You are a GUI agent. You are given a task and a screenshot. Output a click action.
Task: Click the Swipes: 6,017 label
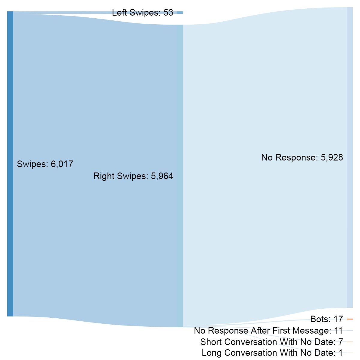click(x=45, y=164)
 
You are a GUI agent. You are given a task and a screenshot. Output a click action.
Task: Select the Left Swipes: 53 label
click(x=142, y=13)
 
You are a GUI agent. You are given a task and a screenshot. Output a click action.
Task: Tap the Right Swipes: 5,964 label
click(x=133, y=176)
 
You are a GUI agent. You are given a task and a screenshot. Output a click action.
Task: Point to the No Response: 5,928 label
click(x=302, y=157)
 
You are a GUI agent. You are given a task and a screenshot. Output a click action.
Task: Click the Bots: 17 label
click(x=326, y=319)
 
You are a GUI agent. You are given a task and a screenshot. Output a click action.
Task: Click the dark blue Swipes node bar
click(x=10, y=164)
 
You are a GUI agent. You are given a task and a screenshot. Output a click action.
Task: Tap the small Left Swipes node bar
click(x=180, y=13)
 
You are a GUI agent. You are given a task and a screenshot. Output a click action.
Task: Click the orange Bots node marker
click(x=349, y=319)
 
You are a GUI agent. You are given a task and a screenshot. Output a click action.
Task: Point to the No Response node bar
click(x=349, y=157)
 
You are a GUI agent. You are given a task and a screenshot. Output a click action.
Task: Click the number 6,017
click(x=62, y=164)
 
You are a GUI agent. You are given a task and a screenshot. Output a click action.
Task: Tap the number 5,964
click(x=162, y=176)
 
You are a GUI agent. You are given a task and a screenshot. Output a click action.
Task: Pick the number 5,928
click(x=331, y=157)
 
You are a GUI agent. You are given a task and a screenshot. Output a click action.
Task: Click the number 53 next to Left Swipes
click(x=168, y=13)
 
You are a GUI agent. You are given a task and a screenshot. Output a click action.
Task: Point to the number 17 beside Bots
click(x=338, y=319)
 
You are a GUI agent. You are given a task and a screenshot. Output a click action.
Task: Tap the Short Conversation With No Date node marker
click(x=349, y=342)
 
